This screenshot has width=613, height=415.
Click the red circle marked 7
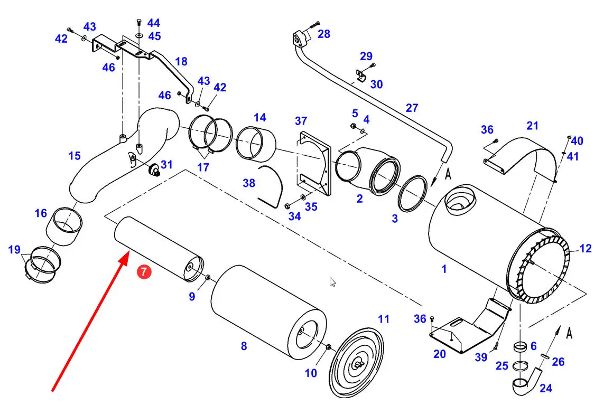[144, 271]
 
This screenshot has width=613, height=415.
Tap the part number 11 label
[384, 319]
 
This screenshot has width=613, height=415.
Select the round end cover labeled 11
[356, 362]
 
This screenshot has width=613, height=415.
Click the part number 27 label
[412, 108]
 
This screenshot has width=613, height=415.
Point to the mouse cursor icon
[332, 282]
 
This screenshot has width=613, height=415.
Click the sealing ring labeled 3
[412, 193]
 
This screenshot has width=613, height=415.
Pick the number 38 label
[249, 183]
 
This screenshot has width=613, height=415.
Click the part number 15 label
[75, 156]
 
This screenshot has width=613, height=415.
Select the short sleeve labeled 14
[256, 144]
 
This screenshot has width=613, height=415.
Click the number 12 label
[585, 249]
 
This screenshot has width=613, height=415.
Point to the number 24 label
[546, 388]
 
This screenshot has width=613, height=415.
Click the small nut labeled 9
[208, 277]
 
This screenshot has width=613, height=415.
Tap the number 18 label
[181, 61]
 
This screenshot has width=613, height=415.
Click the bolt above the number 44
[139, 22]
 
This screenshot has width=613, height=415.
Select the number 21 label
[532, 126]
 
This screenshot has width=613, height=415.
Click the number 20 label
[440, 354]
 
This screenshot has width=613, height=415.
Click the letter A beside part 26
[569, 333]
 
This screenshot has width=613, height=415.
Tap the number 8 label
[244, 346]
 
